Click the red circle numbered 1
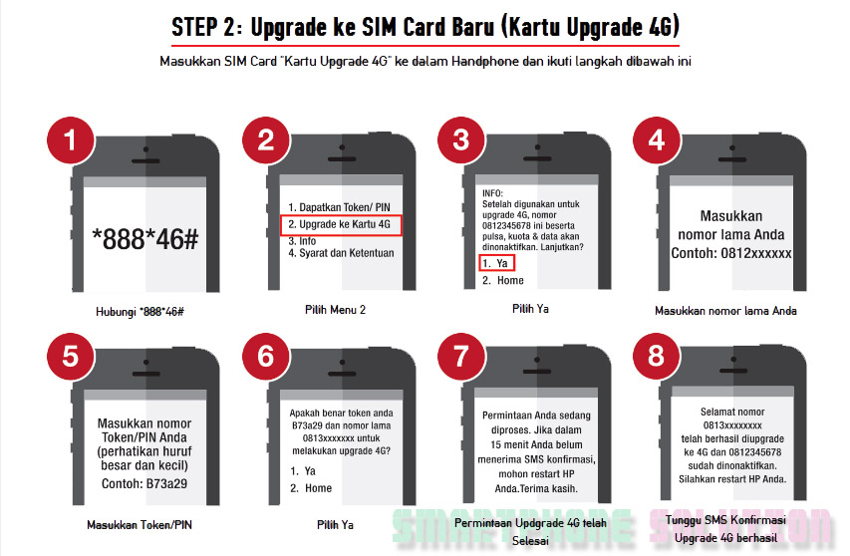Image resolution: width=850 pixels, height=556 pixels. coord(71,140)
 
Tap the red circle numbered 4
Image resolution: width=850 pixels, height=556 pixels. coord(657,140)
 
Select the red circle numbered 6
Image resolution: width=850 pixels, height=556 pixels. coord(266,357)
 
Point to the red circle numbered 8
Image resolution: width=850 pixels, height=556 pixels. coord(657,357)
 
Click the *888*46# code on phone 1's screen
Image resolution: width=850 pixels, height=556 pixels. coord(145,239)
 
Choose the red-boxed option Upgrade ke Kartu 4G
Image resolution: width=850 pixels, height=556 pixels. coord(341,225)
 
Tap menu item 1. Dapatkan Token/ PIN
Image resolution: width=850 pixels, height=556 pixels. coord(339,207)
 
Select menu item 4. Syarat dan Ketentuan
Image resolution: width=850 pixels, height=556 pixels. coord(341,253)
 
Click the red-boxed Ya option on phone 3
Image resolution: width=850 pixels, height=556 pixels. coord(496,263)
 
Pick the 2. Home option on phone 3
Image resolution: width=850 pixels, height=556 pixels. coord(503,280)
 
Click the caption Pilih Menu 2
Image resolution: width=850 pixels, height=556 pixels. coord(335,310)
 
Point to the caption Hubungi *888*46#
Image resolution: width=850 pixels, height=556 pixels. coord(140,312)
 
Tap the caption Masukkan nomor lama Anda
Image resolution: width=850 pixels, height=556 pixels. coord(725,311)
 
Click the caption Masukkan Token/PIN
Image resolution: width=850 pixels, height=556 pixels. coord(140,524)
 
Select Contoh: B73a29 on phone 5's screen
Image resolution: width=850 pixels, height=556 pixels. coord(144,484)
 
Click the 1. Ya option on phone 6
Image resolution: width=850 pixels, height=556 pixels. coord(303,471)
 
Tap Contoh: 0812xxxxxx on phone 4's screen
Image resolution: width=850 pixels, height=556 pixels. coord(730,253)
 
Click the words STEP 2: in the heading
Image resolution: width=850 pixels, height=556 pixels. coord(206,28)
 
